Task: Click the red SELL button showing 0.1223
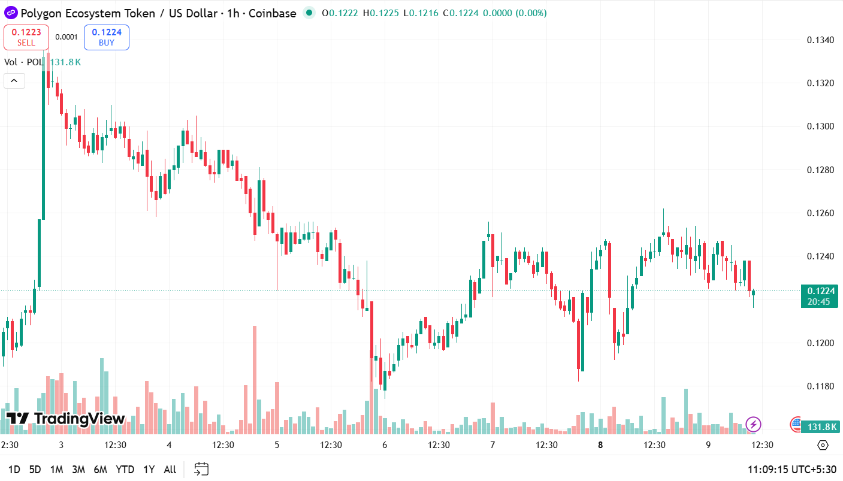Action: click(x=26, y=37)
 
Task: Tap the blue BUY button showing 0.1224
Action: click(x=106, y=37)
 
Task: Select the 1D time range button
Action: click(x=14, y=470)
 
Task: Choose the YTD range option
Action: click(x=125, y=470)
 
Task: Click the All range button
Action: click(x=170, y=470)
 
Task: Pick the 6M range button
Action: click(x=100, y=470)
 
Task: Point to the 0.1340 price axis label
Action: click(x=820, y=40)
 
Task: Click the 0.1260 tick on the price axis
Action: click(x=820, y=213)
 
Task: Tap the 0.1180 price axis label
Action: click(x=820, y=386)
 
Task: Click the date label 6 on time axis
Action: click(x=385, y=445)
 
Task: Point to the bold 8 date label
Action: click(x=600, y=445)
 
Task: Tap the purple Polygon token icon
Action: click(x=10, y=13)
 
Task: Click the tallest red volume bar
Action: click(x=255, y=377)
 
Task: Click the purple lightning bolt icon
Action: click(x=753, y=425)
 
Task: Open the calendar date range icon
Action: click(x=201, y=469)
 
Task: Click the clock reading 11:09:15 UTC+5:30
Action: click(x=791, y=470)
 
